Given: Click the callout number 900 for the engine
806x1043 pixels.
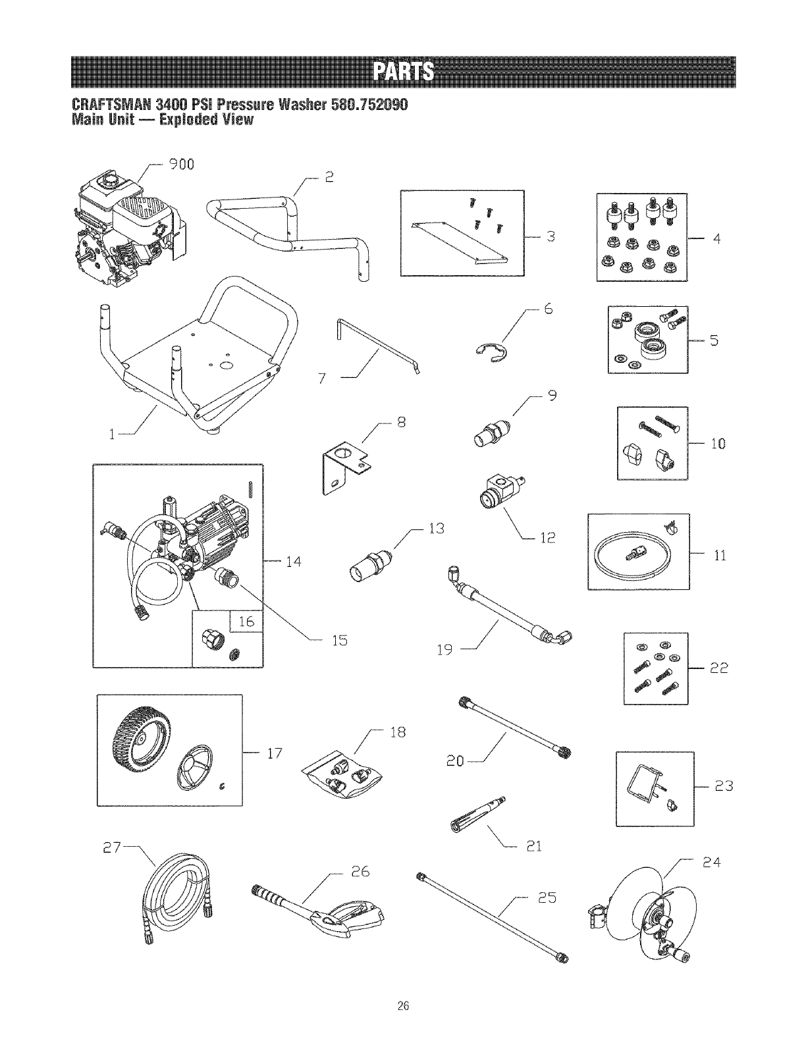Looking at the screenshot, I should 180,165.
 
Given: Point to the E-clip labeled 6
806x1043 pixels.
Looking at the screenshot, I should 488,348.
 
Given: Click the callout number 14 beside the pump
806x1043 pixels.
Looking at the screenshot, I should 293,562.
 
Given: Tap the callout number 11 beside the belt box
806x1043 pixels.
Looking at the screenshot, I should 719,556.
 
